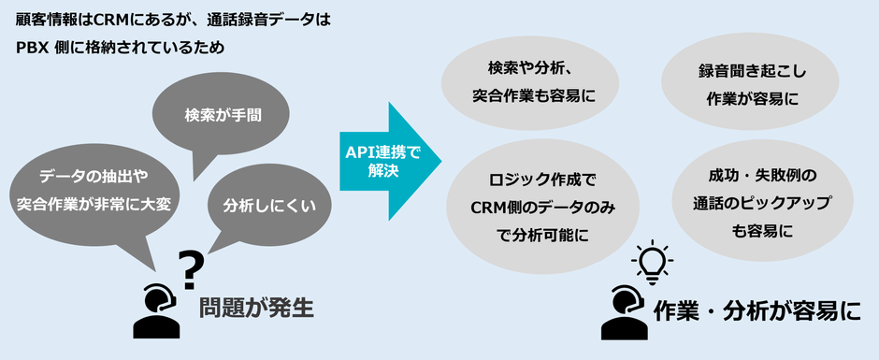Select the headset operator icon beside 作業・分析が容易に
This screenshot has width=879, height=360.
(x=622, y=310)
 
